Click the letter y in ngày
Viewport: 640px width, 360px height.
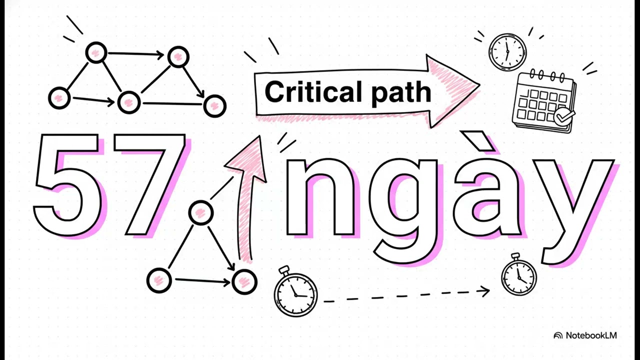coord(574,211)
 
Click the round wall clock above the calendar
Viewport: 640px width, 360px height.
coord(507,51)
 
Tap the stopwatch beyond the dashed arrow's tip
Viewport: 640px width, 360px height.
coord(519,274)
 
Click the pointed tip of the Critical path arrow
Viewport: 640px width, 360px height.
coord(479,84)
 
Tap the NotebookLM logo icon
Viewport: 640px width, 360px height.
coord(558,335)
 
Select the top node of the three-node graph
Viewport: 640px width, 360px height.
coord(201,212)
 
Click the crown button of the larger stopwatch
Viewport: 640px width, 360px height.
coord(284,269)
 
